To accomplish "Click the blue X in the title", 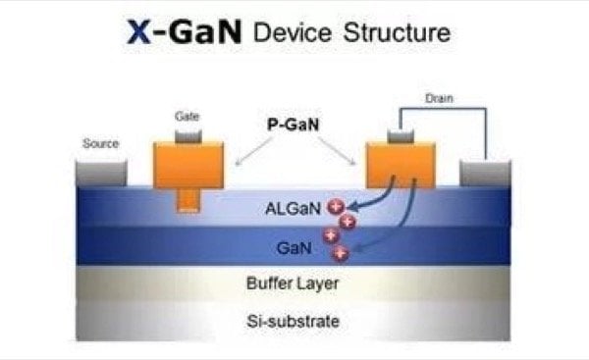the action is [139, 32].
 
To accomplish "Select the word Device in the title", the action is [293, 32].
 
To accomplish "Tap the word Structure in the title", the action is [397, 32].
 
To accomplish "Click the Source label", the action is [101, 143].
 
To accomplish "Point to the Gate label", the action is [187, 117].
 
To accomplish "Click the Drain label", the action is [439, 98].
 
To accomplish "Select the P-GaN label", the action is [293, 125].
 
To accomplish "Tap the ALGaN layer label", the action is [293, 208].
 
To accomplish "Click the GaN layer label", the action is [294, 248].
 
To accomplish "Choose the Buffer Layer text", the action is [293, 283].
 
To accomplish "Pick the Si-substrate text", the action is [293, 322].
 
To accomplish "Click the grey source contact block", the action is [101, 173].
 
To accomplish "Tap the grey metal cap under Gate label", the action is [188, 136].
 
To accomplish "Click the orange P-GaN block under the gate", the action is [188, 165].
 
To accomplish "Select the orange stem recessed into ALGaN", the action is [188, 200].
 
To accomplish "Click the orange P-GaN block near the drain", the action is [401, 165].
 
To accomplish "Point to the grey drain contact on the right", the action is [485, 173].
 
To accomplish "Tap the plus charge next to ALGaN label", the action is [336, 206].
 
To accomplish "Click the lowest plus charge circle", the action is [341, 254].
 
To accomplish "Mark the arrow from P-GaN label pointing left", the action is [254, 151].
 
